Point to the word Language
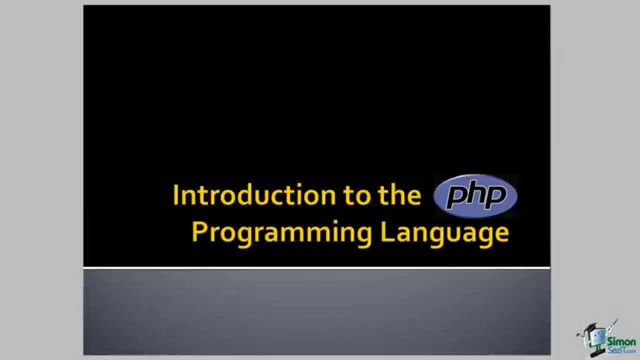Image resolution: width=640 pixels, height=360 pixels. (x=444, y=233)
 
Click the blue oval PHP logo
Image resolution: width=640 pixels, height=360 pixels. (x=475, y=196)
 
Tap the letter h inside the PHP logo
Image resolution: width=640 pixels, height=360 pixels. (x=475, y=195)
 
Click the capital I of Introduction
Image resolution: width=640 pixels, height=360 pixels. (x=176, y=195)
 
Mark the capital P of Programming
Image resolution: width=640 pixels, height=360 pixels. (x=199, y=232)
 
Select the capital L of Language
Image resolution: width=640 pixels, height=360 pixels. (x=386, y=232)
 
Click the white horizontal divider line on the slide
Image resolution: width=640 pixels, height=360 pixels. (x=316, y=268)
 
